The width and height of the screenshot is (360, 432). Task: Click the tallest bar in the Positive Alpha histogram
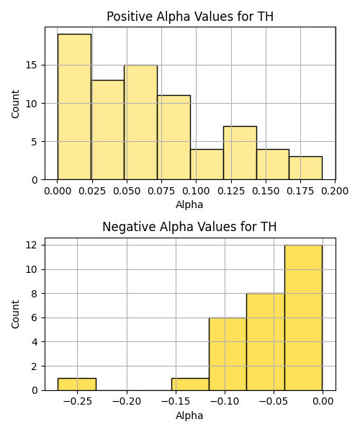pos(74,107)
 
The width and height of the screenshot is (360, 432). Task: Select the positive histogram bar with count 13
pos(108,130)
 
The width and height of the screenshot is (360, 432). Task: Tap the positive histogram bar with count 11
pos(174,138)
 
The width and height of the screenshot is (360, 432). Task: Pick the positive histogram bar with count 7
pos(240,153)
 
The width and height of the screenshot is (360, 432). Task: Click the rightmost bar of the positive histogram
pos(306,168)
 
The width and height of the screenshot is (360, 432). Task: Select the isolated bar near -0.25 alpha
pos(77,384)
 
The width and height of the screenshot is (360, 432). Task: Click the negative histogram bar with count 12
pos(304,318)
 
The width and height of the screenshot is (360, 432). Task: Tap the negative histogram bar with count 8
pos(266,342)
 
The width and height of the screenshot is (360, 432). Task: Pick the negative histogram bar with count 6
pos(228,354)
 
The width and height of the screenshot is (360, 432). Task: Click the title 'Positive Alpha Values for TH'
pos(190,17)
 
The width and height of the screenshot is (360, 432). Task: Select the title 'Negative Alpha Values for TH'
pos(189,227)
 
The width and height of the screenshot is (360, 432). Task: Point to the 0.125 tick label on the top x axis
pos(231,191)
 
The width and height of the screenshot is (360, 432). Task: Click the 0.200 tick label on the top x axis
pos(335,191)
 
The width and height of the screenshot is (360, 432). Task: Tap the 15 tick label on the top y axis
pos(32,66)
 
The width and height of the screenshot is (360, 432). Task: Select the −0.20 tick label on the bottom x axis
pos(127,402)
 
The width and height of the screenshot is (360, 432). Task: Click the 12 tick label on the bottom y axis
pos(32,245)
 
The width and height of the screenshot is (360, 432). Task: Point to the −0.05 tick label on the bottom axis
pos(274,402)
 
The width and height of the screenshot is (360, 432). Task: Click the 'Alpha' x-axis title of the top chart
pos(189,204)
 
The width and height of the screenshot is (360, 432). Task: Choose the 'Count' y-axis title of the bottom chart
pos(15,314)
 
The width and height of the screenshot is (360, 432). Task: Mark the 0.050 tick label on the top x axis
pos(127,191)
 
